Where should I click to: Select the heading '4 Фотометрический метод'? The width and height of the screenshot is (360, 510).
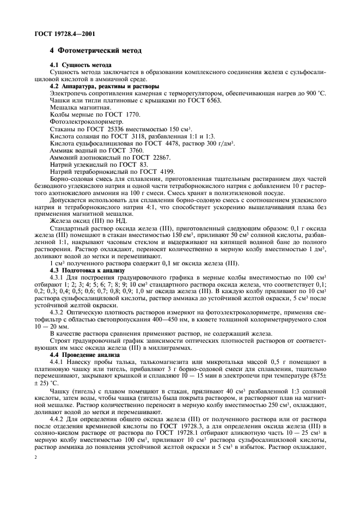pyautogui.click(x=95, y=51)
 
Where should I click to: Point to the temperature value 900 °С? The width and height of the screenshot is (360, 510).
pyautogui.click(x=315, y=93)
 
